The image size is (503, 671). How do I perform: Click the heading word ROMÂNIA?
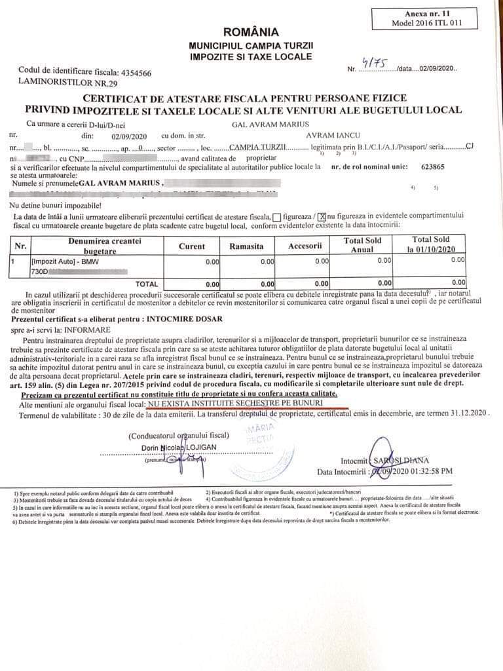pyautogui.click(x=251, y=32)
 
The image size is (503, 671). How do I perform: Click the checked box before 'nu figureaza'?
pyautogui.click(x=322, y=216)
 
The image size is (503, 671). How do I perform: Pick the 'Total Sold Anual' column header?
pyautogui.click(x=362, y=244)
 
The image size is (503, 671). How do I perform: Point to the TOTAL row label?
pyautogui.click(x=146, y=284)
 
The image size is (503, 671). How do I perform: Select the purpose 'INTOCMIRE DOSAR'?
pyautogui.click(x=185, y=319)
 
